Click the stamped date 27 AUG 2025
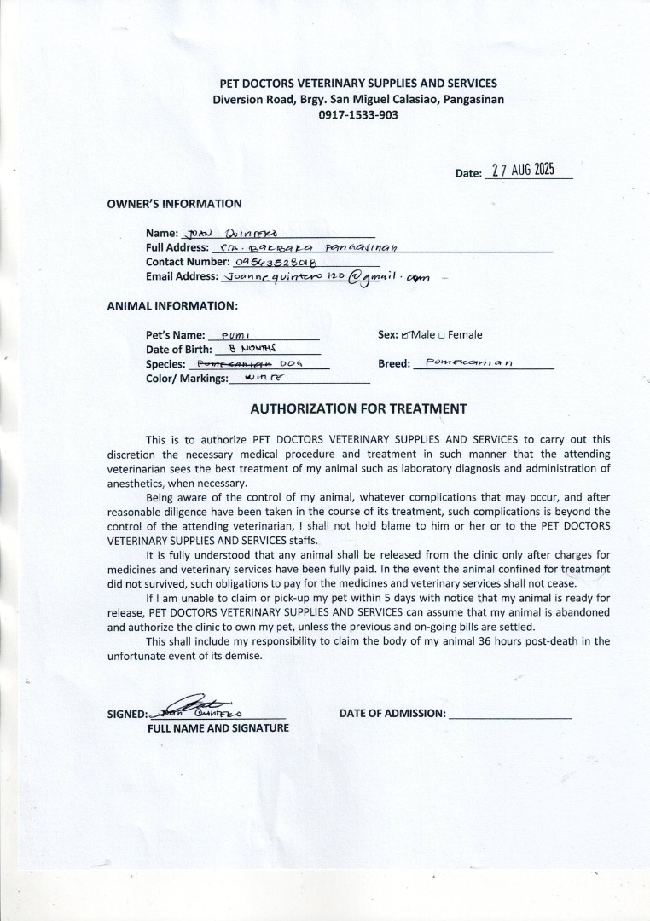pyautogui.click(x=523, y=169)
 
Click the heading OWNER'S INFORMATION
pyautogui.click(x=174, y=204)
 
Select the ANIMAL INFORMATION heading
pyautogui.click(x=172, y=305)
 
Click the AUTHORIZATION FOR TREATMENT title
pyautogui.click(x=358, y=409)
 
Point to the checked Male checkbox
pyautogui.click(x=406, y=335)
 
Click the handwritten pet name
pyautogui.click(x=234, y=336)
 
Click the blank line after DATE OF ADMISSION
pyautogui.click(x=510, y=715)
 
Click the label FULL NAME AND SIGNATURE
pyautogui.click(x=218, y=728)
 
